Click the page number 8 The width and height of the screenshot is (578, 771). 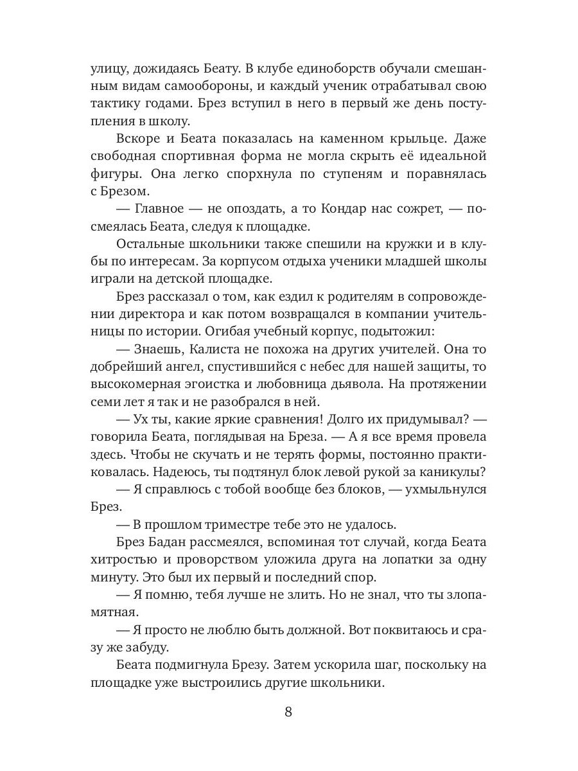pos(288,712)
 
